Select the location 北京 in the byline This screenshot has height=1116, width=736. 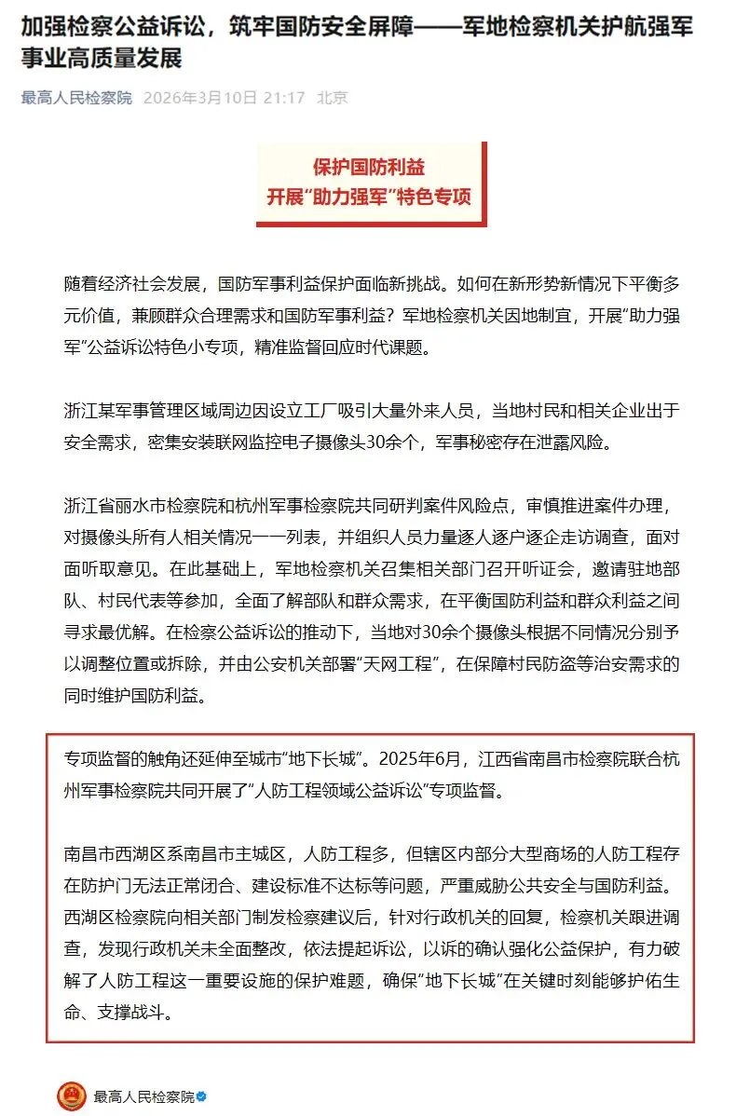click(333, 98)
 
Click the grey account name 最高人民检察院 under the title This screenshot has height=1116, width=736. click(77, 98)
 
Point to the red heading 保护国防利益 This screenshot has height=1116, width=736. click(370, 168)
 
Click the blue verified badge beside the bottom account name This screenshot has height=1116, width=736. click(200, 1096)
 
